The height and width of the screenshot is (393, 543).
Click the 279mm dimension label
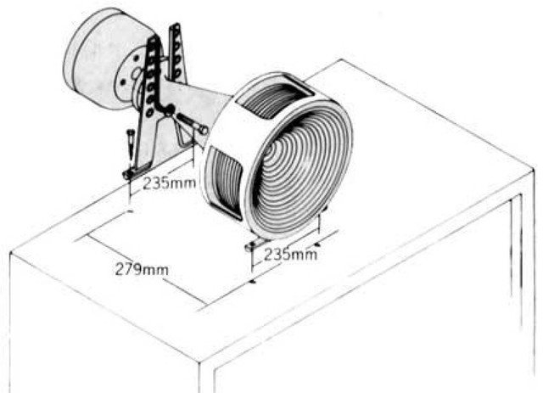[140, 270]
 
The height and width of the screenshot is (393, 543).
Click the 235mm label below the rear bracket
[165, 182]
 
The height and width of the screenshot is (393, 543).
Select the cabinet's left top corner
[10, 252]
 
